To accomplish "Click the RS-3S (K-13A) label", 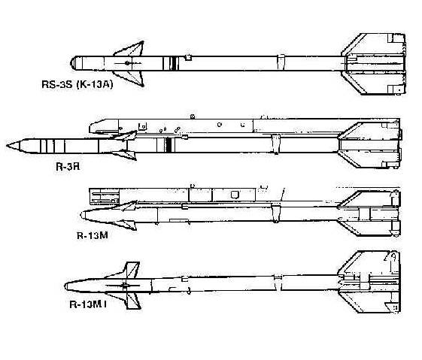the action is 77,84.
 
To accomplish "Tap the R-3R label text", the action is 68,167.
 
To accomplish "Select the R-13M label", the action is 93,235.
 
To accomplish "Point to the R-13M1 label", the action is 88,304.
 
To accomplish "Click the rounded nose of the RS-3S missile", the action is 73,63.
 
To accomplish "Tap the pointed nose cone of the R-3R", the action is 14,147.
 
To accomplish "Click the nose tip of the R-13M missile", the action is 82,215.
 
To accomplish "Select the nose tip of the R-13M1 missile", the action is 66,286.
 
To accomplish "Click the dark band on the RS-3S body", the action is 175,63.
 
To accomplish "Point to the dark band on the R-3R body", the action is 168,145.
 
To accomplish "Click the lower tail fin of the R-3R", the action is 369,159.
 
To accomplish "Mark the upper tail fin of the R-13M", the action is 368,198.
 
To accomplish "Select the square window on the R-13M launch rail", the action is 235,195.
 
